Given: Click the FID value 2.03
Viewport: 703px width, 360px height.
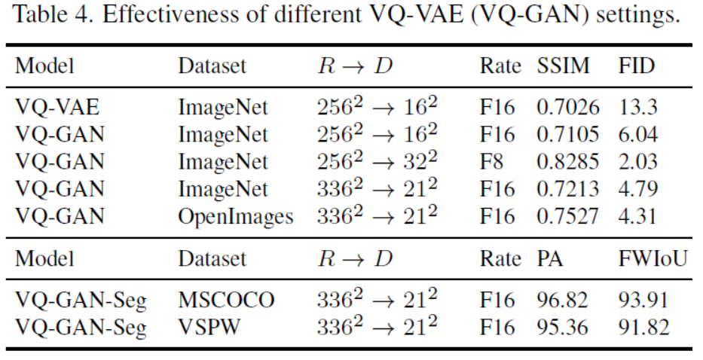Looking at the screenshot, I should click(637, 162).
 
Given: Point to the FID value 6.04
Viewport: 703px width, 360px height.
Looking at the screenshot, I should click(637, 136).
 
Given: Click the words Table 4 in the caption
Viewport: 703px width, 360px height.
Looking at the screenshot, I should click(44, 16).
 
